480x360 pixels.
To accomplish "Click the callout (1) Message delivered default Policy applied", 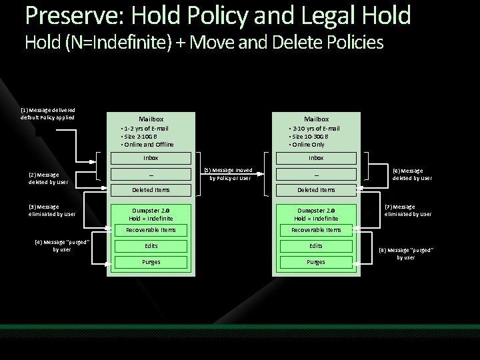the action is click(x=47, y=113).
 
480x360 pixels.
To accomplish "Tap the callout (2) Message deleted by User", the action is click(x=47, y=178).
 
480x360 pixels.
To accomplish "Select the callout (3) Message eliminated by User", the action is click(x=51, y=210).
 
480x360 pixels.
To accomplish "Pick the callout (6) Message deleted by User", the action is click(x=412, y=174).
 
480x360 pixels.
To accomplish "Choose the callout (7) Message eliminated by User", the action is click(x=409, y=210).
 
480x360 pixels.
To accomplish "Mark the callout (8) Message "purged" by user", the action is click(x=405, y=253).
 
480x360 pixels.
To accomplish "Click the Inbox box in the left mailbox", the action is click(x=151, y=158).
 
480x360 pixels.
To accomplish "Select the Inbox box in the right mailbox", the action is click(x=315, y=158).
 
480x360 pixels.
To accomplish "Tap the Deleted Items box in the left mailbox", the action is click(x=151, y=190).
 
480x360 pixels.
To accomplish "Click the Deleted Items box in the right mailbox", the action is click(x=315, y=190).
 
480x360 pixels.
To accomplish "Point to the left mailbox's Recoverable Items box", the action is click(x=151, y=230).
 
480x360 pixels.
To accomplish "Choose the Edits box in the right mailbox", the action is click(x=315, y=246).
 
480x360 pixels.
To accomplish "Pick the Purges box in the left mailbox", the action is click(x=151, y=262).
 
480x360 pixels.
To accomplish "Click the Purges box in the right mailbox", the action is click(x=315, y=262).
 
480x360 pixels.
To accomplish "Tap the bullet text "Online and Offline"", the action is click(x=149, y=144).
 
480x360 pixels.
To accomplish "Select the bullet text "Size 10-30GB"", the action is click(x=310, y=136).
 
